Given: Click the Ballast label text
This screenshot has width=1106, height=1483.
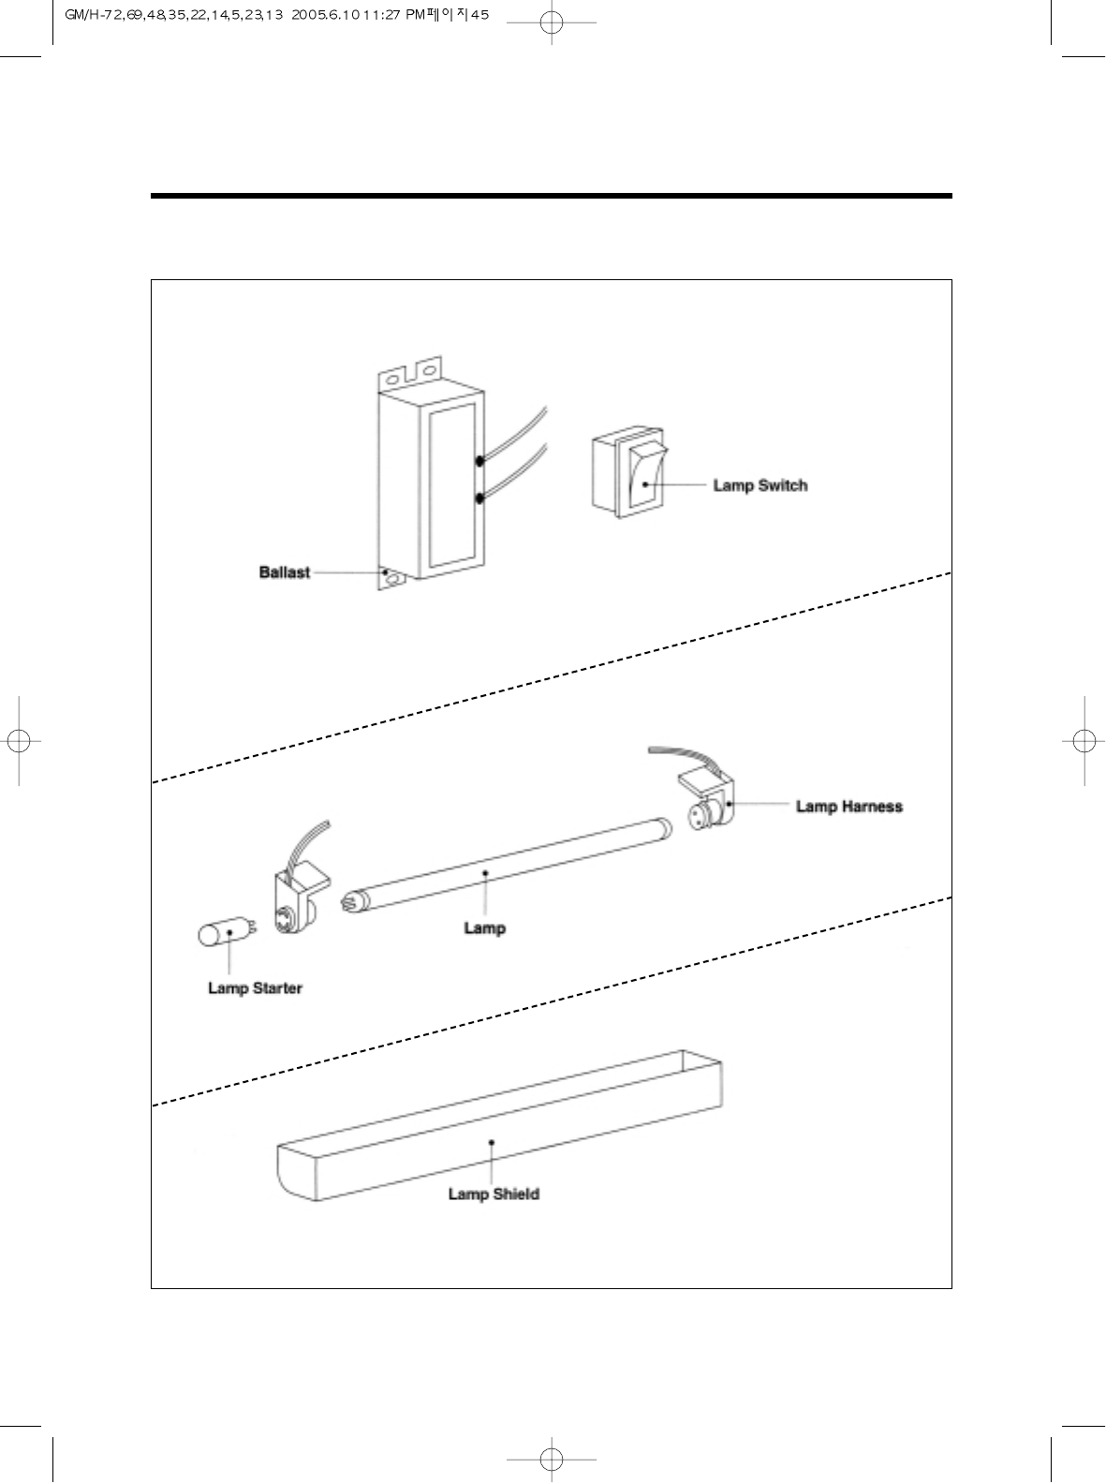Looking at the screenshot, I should [x=284, y=572].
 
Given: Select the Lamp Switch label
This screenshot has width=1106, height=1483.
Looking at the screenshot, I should [x=759, y=485].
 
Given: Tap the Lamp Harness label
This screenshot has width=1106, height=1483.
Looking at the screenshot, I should [x=848, y=806].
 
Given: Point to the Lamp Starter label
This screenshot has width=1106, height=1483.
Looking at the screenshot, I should [x=255, y=988].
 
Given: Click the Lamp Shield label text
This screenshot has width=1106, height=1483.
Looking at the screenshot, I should [x=494, y=1194].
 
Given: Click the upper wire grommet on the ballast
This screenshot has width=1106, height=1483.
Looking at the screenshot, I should [x=479, y=461].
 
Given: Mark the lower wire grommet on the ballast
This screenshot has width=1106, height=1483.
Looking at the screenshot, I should [x=479, y=498].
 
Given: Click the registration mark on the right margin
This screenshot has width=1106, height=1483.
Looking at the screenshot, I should [x=1083, y=739].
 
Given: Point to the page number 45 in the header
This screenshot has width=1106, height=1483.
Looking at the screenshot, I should [x=480, y=15].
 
